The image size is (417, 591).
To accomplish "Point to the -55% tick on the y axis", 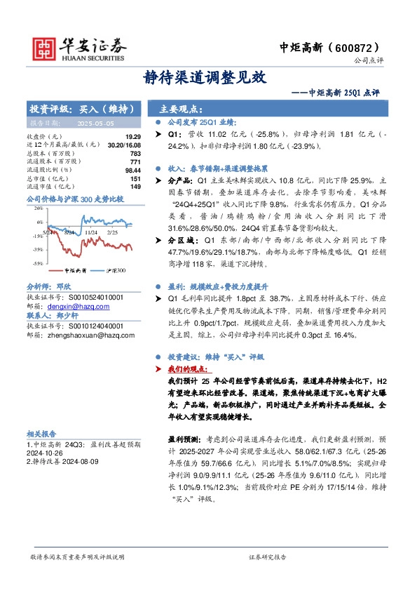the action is [37, 263].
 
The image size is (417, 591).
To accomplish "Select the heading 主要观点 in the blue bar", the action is [182, 109].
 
